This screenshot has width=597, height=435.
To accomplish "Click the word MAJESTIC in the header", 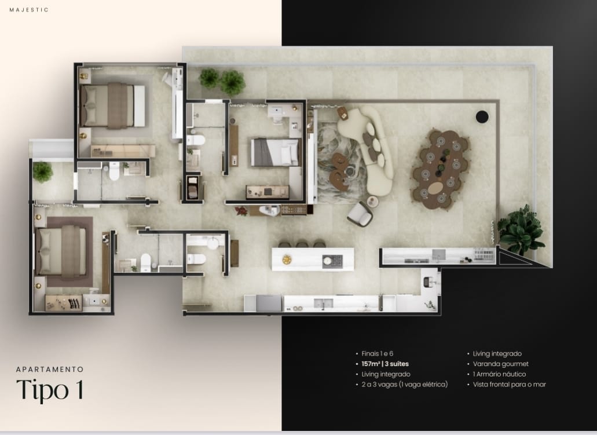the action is pos(29,10).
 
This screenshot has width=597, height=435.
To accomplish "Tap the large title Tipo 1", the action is pos(50,390).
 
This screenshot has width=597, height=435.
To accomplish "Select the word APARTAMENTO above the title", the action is pos(50,369).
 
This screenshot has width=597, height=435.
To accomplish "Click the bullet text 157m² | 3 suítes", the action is pos(385,364).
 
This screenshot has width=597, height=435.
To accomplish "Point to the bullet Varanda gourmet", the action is pos(501,364).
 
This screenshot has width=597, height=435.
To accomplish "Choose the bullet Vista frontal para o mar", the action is pos(510,385).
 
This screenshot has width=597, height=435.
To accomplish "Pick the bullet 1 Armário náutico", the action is pos(499,374).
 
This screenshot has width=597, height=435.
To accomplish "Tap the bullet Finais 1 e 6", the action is pos(378,353).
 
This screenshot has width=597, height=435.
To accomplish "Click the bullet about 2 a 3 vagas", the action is pos(404,385).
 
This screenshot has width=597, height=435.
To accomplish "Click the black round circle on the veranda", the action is pos(482,116).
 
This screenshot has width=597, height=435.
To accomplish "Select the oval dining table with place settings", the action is pos(441,170).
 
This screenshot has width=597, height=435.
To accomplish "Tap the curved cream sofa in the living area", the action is pos(369,147).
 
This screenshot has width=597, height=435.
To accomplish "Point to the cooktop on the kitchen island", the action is pos(332,261).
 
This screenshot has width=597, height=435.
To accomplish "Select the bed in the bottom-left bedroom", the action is pos(61,250).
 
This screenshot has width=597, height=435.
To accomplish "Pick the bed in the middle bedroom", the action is pos(275,152).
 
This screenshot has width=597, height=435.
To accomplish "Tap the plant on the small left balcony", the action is pos(43,172).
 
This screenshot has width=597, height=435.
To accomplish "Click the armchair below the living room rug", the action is pos(360,214).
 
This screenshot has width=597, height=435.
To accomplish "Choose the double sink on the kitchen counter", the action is pos(323,303).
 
